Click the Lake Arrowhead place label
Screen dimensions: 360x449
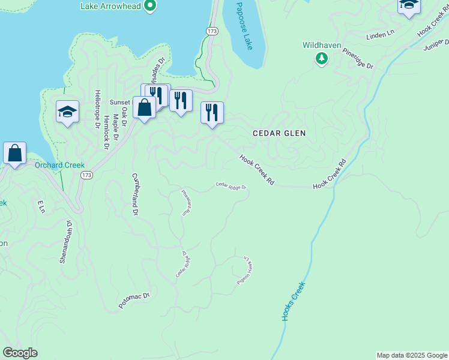110,6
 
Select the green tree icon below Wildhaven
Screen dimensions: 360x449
322,58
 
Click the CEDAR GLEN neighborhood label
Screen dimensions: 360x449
279,133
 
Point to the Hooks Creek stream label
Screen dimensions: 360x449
294,301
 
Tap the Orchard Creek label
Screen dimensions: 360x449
59,165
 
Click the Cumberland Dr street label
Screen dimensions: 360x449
135,194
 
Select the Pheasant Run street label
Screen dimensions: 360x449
187,202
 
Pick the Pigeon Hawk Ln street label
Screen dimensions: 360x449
243,271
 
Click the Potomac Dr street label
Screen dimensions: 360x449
133,300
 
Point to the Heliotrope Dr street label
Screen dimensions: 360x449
97,109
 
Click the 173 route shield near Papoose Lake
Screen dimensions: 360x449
211,30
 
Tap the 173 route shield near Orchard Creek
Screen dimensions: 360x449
86,175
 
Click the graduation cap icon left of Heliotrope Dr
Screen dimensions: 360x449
68,111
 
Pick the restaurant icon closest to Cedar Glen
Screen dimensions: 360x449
212,112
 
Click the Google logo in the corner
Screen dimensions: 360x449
20,353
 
